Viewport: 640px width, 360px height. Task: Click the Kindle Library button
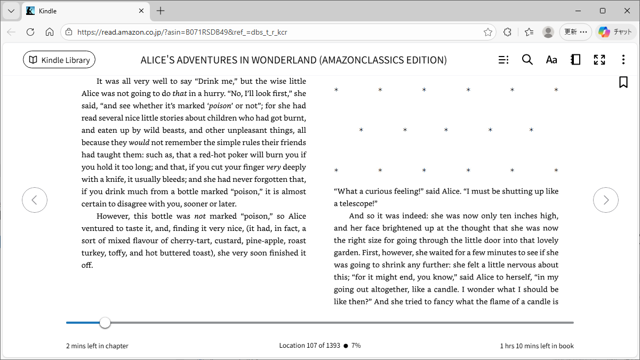pos(59,60)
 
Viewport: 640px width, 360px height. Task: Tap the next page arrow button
pos(606,200)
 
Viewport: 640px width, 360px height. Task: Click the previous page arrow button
pos(35,200)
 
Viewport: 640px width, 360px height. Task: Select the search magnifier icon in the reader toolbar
pos(527,60)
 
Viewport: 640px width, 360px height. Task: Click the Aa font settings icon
pos(551,60)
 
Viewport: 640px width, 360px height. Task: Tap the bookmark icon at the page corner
pos(623,82)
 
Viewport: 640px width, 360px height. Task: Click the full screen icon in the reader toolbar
pos(599,60)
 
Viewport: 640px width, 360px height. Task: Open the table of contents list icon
pos(503,60)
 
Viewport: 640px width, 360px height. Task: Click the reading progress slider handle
pos(105,323)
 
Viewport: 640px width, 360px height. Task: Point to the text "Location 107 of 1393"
pos(309,346)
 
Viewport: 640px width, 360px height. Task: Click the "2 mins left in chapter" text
pos(97,346)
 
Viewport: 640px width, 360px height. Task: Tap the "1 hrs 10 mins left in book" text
pos(537,346)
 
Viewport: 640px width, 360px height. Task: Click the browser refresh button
pos(30,32)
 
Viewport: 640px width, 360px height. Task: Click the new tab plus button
pos(161,11)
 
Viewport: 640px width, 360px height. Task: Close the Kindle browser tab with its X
pos(141,11)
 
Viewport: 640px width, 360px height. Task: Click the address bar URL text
pos(181,32)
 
